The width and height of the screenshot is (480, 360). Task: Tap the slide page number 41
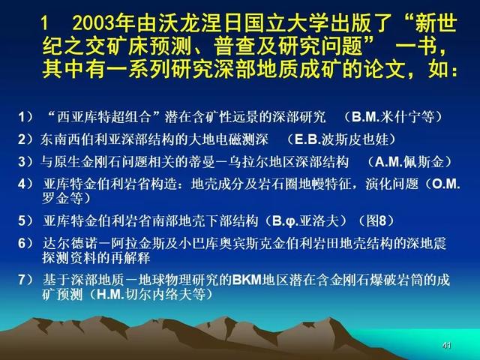[447, 346]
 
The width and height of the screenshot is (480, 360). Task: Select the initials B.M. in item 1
[366, 117]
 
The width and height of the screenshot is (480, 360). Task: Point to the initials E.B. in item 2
[308, 139]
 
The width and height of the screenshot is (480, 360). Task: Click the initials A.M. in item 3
[389, 162]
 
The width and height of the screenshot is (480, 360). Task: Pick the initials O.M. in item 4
[445, 184]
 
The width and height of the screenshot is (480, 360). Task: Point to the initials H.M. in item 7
[111, 295]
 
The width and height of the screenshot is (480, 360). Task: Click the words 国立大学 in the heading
[287, 24]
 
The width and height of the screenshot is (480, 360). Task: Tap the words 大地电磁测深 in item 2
[228, 139]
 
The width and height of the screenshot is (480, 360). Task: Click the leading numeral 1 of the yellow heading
[45, 24]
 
